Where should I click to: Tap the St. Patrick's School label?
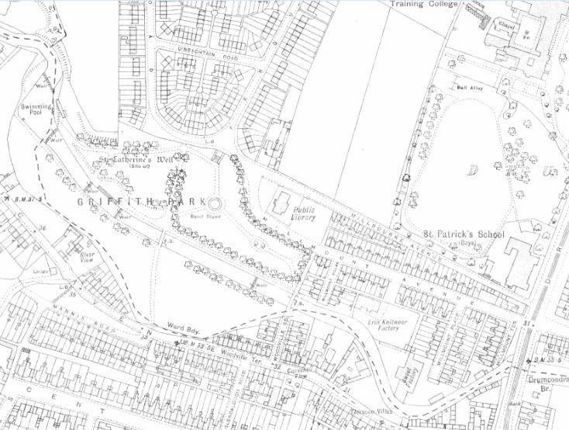(x=464, y=234)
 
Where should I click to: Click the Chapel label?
(x=505, y=25)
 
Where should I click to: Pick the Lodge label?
(x=40, y=272)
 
